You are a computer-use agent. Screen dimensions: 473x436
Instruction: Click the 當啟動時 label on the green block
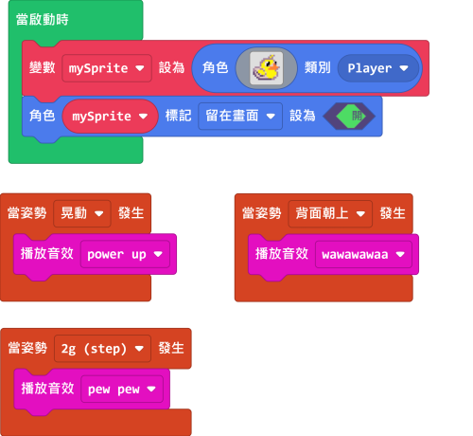(x=43, y=20)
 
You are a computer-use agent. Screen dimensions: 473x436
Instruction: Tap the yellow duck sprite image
(x=267, y=68)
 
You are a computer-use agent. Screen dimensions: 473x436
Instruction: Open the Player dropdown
(x=377, y=68)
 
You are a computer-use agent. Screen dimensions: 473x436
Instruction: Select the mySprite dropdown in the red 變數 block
(x=107, y=68)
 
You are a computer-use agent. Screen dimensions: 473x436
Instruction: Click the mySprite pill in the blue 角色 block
(x=110, y=117)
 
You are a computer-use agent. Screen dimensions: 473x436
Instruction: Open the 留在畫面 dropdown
(x=240, y=116)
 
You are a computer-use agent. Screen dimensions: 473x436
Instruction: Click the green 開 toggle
(x=349, y=116)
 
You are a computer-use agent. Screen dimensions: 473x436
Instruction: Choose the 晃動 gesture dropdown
(x=82, y=213)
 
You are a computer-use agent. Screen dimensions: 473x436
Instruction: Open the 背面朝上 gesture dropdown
(x=330, y=214)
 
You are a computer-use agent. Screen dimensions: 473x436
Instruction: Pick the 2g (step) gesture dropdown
(x=102, y=349)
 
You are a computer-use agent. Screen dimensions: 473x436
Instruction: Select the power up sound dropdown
(x=125, y=254)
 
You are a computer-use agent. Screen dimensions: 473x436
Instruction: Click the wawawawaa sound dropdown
(x=363, y=254)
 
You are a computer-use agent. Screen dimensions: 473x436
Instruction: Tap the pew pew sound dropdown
(x=122, y=390)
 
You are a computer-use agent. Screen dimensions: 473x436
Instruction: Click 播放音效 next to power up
(x=47, y=254)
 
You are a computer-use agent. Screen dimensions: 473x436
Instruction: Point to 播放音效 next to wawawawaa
(x=282, y=254)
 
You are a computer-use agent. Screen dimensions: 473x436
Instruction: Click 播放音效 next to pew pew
(x=47, y=389)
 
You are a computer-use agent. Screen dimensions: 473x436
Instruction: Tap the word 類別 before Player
(x=318, y=67)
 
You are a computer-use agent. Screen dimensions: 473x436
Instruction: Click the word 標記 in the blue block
(x=178, y=116)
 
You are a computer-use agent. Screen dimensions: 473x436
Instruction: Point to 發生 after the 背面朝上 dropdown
(x=393, y=213)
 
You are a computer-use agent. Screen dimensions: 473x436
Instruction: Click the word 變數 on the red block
(x=43, y=67)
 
